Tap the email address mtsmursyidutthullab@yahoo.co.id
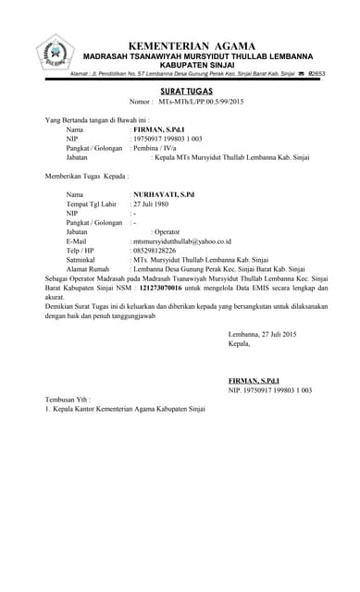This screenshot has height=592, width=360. click(x=182, y=240)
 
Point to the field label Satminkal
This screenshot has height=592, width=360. click(x=82, y=259)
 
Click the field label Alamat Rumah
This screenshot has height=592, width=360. click(x=89, y=268)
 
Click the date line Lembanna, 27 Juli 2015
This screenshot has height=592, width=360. click(x=262, y=333)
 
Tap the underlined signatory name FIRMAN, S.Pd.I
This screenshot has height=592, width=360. click(x=253, y=381)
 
